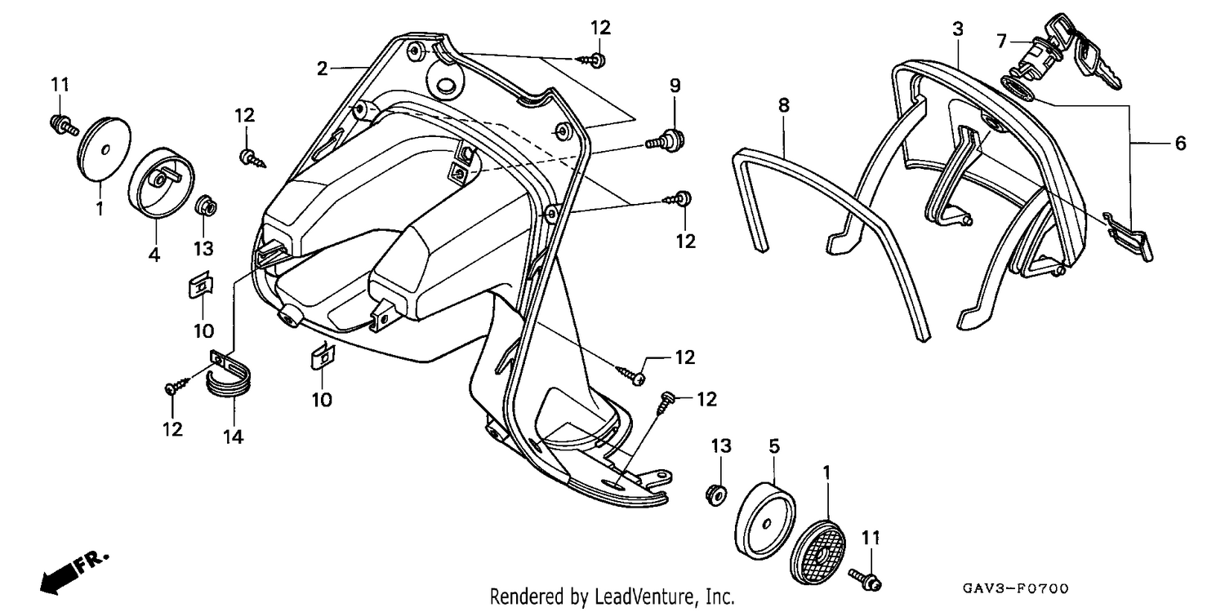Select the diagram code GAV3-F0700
(1016, 588)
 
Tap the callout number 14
(233, 437)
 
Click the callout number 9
(675, 85)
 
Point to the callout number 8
(784, 105)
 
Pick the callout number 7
(1002, 41)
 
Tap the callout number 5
(774, 446)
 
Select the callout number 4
(154, 255)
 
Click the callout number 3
(958, 29)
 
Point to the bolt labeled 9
(666, 140)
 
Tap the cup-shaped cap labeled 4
(162, 182)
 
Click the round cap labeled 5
(764, 521)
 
